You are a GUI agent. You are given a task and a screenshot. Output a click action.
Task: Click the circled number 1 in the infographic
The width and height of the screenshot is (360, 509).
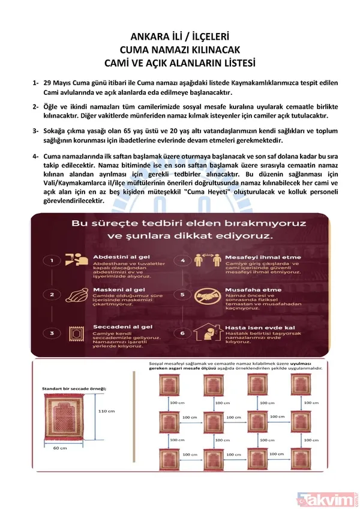(x=53, y=261)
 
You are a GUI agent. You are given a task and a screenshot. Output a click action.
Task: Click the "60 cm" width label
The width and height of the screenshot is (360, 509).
(x=59, y=447)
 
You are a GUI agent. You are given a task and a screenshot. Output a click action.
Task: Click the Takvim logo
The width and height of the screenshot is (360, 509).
(x=326, y=497)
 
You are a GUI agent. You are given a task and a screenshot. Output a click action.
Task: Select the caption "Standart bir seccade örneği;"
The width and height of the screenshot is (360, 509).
(x=74, y=388)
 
